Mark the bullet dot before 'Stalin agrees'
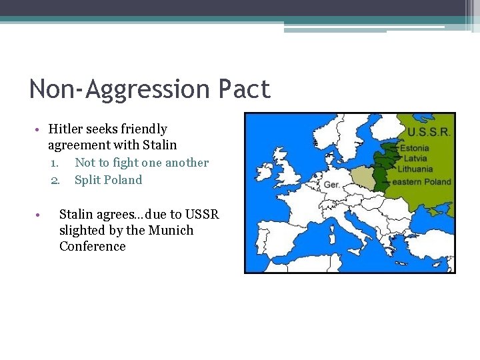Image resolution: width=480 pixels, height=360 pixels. coord(39,215)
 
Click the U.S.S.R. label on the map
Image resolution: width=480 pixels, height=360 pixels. coord(429,132)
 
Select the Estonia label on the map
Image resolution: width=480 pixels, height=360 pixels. coord(415,148)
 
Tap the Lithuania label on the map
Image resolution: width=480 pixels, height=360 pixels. coord(416,169)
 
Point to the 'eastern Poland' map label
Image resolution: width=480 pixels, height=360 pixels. coord(421,181)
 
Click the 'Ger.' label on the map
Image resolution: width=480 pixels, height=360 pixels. coord(331,184)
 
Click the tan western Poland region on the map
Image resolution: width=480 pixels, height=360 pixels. coord(361,178)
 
